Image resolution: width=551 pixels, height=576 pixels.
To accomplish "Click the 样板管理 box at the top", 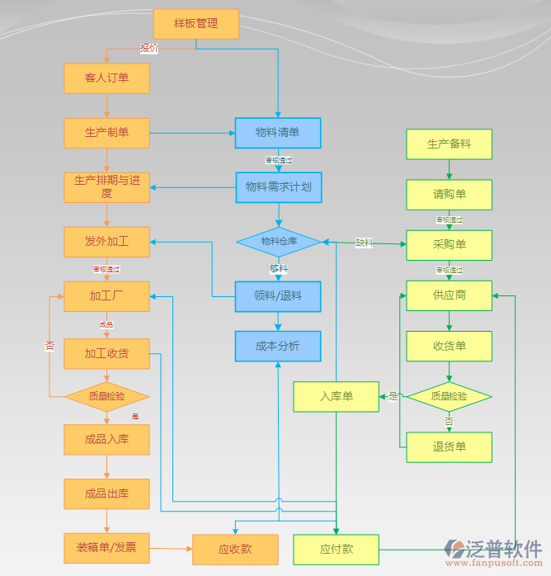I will tap(196, 24).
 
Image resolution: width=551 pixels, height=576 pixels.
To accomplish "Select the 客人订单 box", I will tap(106, 78).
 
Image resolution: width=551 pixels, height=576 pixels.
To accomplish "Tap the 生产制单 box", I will tap(106, 133).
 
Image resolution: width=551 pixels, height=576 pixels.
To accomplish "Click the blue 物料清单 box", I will tap(278, 133).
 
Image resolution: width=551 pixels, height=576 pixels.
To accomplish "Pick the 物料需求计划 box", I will tap(278, 187).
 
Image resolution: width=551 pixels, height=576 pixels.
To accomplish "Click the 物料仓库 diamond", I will tap(278, 242).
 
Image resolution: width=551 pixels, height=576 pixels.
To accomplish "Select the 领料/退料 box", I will tap(278, 296).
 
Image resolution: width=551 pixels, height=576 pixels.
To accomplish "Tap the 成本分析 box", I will tap(278, 347).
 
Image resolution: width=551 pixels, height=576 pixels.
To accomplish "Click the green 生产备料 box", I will tap(449, 144).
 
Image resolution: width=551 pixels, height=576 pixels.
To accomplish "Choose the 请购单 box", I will tap(449, 195).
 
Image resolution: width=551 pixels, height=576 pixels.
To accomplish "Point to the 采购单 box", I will tap(449, 245).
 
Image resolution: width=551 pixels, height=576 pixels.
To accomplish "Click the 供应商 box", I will tap(449, 295).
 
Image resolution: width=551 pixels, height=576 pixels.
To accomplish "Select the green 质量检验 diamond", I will tap(449, 396).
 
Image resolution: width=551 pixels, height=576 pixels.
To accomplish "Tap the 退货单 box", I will tap(449, 447).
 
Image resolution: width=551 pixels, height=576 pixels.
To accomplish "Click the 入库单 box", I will tap(337, 397).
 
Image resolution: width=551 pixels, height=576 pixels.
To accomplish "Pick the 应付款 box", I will tap(337, 549).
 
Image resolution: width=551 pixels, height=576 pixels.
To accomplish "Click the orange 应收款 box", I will tap(235, 549).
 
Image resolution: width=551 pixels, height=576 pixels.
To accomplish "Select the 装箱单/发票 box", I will tap(106, 547).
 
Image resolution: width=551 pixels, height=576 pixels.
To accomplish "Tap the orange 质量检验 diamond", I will tap(106, 396).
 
